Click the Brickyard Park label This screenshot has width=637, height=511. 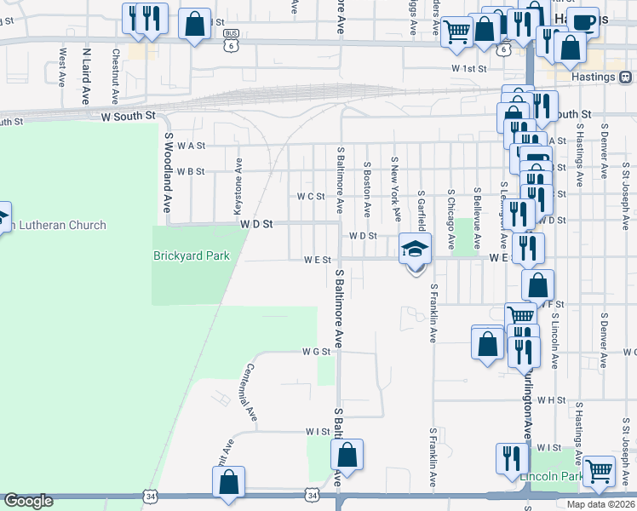192,255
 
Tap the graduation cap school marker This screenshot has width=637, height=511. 416,250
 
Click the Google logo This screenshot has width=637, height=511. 28,501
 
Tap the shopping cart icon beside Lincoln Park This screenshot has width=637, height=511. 600,469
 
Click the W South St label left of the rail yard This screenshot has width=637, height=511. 129,114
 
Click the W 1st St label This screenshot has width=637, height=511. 468,68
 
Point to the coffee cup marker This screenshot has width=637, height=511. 583,22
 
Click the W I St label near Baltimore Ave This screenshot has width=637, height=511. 317,432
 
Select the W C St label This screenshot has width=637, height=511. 311,196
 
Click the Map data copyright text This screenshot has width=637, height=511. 600,504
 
